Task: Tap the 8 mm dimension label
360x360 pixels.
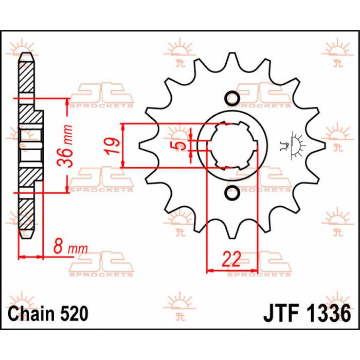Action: pyautogui.click(x=71, y=248)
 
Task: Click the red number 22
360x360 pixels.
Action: pyautogui.click(x=231, y=260)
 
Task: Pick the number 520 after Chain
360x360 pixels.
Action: pyautogui.click(x=73, y=313)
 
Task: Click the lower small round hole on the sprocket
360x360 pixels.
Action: pyautogui.click(x=231, y=192)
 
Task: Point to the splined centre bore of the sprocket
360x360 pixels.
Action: pyautogui.click(x=235, y=146)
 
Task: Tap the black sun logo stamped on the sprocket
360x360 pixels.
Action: pyautogui.click(x=295, y=144)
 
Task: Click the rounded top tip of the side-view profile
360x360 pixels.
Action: pyautogui.click(x=26, y=56)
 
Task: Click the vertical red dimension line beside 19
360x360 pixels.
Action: pyautogui.click(x=122, y=146)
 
